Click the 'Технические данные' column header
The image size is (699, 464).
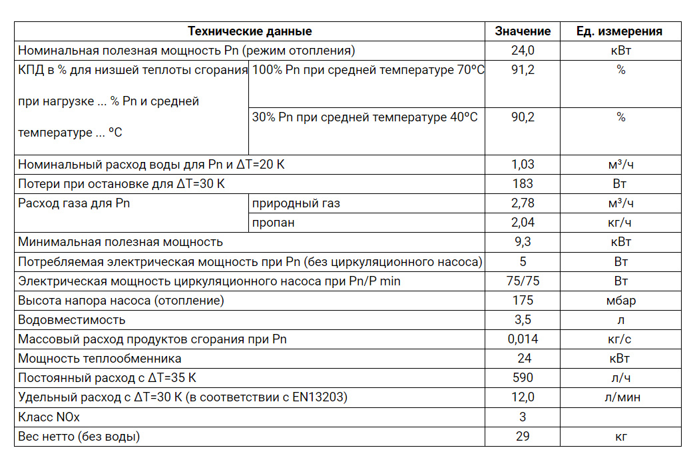(250, 31)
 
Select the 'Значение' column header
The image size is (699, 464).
(523, 31)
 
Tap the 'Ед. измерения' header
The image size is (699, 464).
(620, 31)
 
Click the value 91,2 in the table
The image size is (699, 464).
(523, 70)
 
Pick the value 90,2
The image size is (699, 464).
(523, 117)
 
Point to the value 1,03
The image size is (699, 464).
(523, 164)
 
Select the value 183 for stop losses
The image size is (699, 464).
(523, 183)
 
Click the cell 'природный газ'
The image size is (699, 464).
(296, 203)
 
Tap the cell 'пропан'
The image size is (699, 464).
(273, 223)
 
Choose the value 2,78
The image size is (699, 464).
(523, 203)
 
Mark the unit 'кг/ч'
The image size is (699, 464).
(620, 223)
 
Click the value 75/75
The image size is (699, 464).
(523, 281)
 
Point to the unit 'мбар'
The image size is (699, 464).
(620, 301)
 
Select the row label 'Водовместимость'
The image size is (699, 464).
(71, 320)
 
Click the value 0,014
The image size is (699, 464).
(523, 339)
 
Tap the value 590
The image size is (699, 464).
(523, 378)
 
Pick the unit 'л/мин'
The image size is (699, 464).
(620, 398)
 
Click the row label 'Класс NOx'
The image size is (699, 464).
(49, 417)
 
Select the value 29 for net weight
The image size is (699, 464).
(523, 437)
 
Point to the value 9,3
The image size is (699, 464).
(523, 242)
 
